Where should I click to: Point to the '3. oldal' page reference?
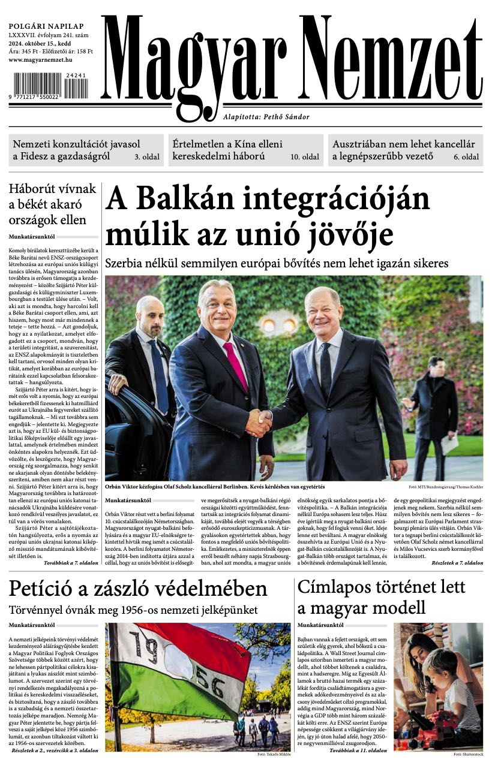pos(146,157)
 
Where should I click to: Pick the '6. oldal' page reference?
pos(466,157)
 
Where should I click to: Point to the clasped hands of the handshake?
pos(259,422)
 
